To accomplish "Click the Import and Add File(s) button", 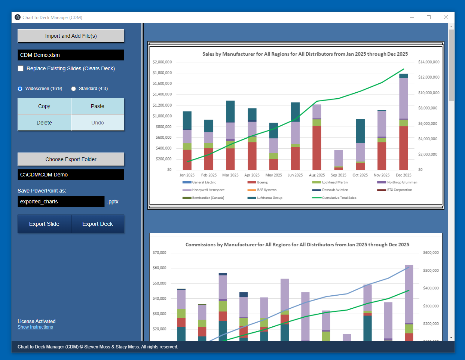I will tap(71, 36).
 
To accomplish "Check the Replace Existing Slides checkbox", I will tap(21, 68).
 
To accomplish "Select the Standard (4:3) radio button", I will tap(74, 89).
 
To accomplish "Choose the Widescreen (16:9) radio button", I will tap(20, 89).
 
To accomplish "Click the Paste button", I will tap(97, 106).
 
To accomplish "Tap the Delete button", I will tap(44, 123).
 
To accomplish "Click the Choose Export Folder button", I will tap(71, 159).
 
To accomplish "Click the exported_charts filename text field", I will tap(61, 201).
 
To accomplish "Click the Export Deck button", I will tap(97, 224).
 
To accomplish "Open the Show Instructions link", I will tap(35, 327).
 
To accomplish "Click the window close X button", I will tap(446, 17).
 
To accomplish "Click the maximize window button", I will tap(429, 17).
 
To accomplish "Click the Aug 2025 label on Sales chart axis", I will tap(317, 175).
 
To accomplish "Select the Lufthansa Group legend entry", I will tap(269, 198).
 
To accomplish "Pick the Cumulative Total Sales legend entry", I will tap(339, 198).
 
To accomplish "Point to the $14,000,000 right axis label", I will tap(429, 62).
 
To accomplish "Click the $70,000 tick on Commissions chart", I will tap(159, 253).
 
